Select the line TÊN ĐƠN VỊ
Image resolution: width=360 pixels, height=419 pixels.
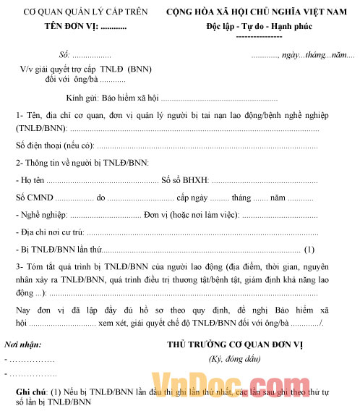85,27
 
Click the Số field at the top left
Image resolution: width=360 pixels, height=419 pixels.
84,56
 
